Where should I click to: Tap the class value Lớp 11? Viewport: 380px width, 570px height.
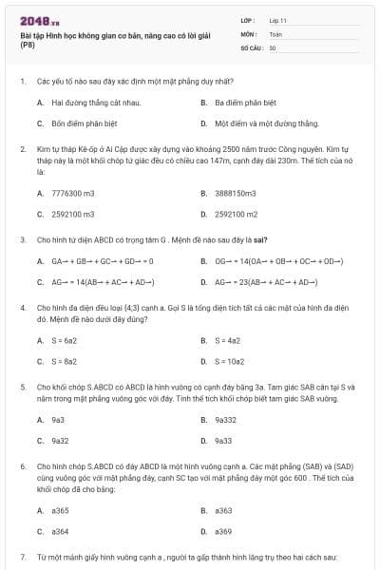tap(277, 20)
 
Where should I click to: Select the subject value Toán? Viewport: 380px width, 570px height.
tap(275, 33)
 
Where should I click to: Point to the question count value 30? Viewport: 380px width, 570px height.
tap(273, 47)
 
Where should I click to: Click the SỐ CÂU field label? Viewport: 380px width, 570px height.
tap(250, 47)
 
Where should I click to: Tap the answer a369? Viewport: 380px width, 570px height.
tap(223, 532)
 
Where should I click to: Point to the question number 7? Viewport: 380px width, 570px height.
tap(22, 556)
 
